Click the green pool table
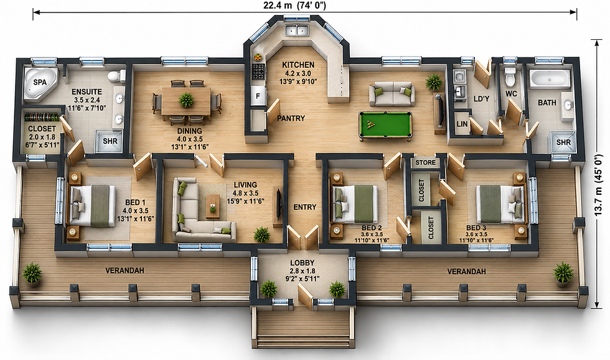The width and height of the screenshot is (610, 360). (x=385, y=125)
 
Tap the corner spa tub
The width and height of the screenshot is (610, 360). (x=40, y=83)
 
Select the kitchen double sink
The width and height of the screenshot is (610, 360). (x=296, y=30)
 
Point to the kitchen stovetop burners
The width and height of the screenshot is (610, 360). (x=258, y=72)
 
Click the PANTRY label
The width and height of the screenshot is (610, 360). (x=291, y=118)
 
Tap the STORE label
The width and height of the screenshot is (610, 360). (x=425, y=163)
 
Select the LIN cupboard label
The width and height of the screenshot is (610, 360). (x=462, y=124)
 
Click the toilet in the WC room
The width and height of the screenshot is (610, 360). (x=510, y=76)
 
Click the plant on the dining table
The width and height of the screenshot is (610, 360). (x=186, y=100)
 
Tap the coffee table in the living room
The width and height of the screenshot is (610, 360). (x=212, y=206)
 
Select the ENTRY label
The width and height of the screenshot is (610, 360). (x=305, y=207)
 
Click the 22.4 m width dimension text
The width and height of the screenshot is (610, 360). (x=294, y=5)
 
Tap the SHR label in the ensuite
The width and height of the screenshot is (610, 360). (x=110, y=141)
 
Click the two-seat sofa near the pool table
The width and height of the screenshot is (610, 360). (x=392, y=94)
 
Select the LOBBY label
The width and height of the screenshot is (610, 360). (x=303, y=263)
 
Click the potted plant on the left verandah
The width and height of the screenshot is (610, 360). (x=32, y=274)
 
